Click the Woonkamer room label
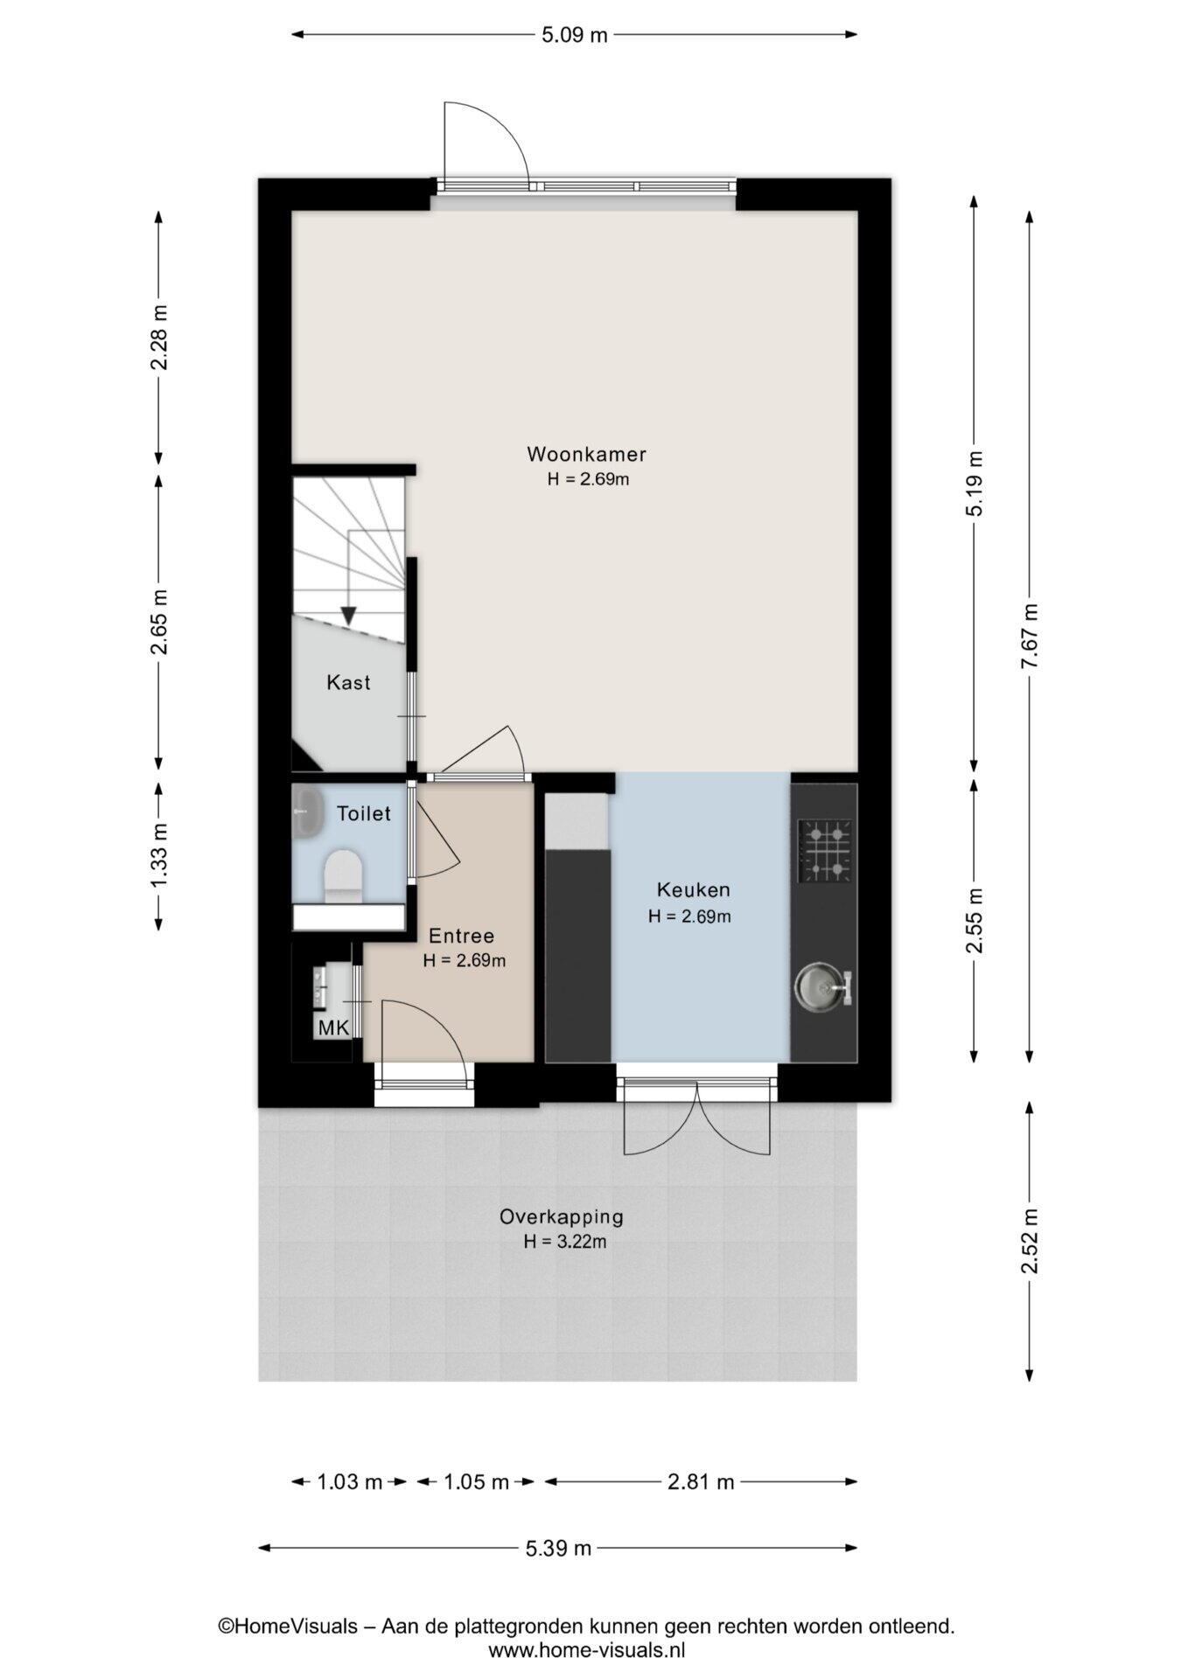[586, 454]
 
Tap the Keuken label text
[693, 890]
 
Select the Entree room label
[461, 936]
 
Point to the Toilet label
[363, 813]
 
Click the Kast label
[348, 682]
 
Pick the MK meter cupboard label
[333, 1028]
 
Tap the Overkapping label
[561, 1216]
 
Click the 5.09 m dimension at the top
[574, 35]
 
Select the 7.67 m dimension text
[1030, 637]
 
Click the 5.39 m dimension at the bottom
[558, 1549]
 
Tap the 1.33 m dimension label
[159, 855]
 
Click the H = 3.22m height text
[565, 1242]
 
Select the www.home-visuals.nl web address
[586, 1651]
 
